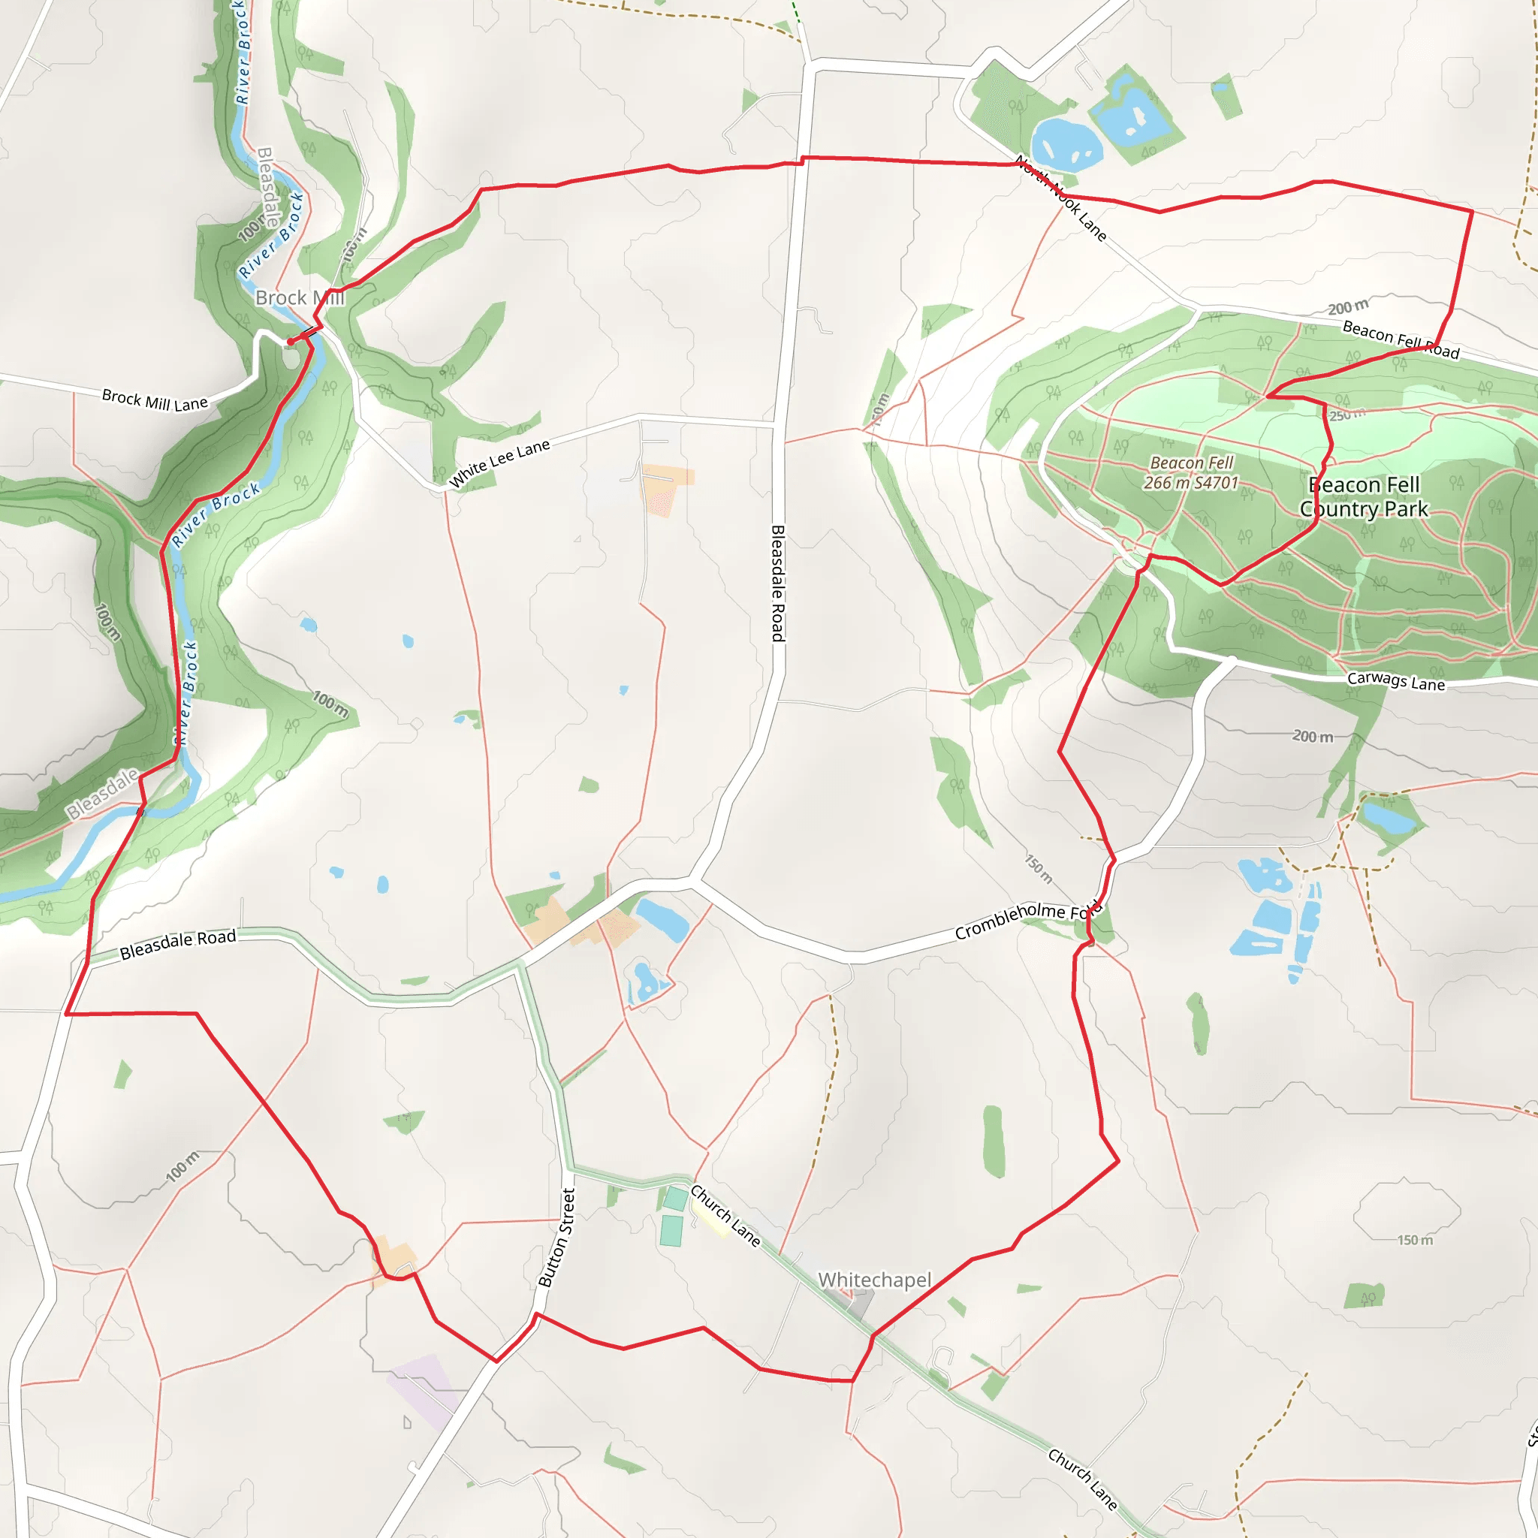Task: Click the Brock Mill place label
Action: (300, 297)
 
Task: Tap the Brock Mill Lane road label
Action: (155, 400)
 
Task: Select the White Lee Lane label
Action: (499, 463)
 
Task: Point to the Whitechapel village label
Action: (874, 1280)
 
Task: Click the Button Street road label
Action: (556, 1238)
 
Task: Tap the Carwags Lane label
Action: (1395, 681)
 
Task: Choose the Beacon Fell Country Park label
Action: (1364, 496)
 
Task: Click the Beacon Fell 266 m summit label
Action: (1191, 473)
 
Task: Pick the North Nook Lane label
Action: (1060, 198)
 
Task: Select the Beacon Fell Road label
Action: (1401, 340)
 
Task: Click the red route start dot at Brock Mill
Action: (291, 342)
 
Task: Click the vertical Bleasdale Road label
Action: (778, 583)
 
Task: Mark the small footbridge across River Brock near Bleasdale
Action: (141, 811)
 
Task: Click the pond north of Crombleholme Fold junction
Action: (662, 919)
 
